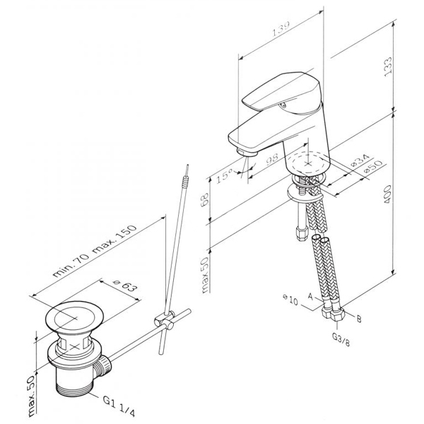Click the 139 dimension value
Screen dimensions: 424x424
281,28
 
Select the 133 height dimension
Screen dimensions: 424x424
387,66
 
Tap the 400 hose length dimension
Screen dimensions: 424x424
387,194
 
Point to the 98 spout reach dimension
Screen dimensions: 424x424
272,159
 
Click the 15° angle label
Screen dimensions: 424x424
224,176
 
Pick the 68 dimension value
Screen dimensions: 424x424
205,199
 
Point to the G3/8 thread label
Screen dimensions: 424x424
341,339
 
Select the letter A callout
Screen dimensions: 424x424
311,297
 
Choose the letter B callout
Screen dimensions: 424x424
359,319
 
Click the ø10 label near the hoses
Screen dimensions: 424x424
290,300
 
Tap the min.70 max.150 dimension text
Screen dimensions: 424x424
95,251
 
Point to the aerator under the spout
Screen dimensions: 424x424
247,152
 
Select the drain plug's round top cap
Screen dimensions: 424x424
74,317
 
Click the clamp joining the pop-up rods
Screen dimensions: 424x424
165,319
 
